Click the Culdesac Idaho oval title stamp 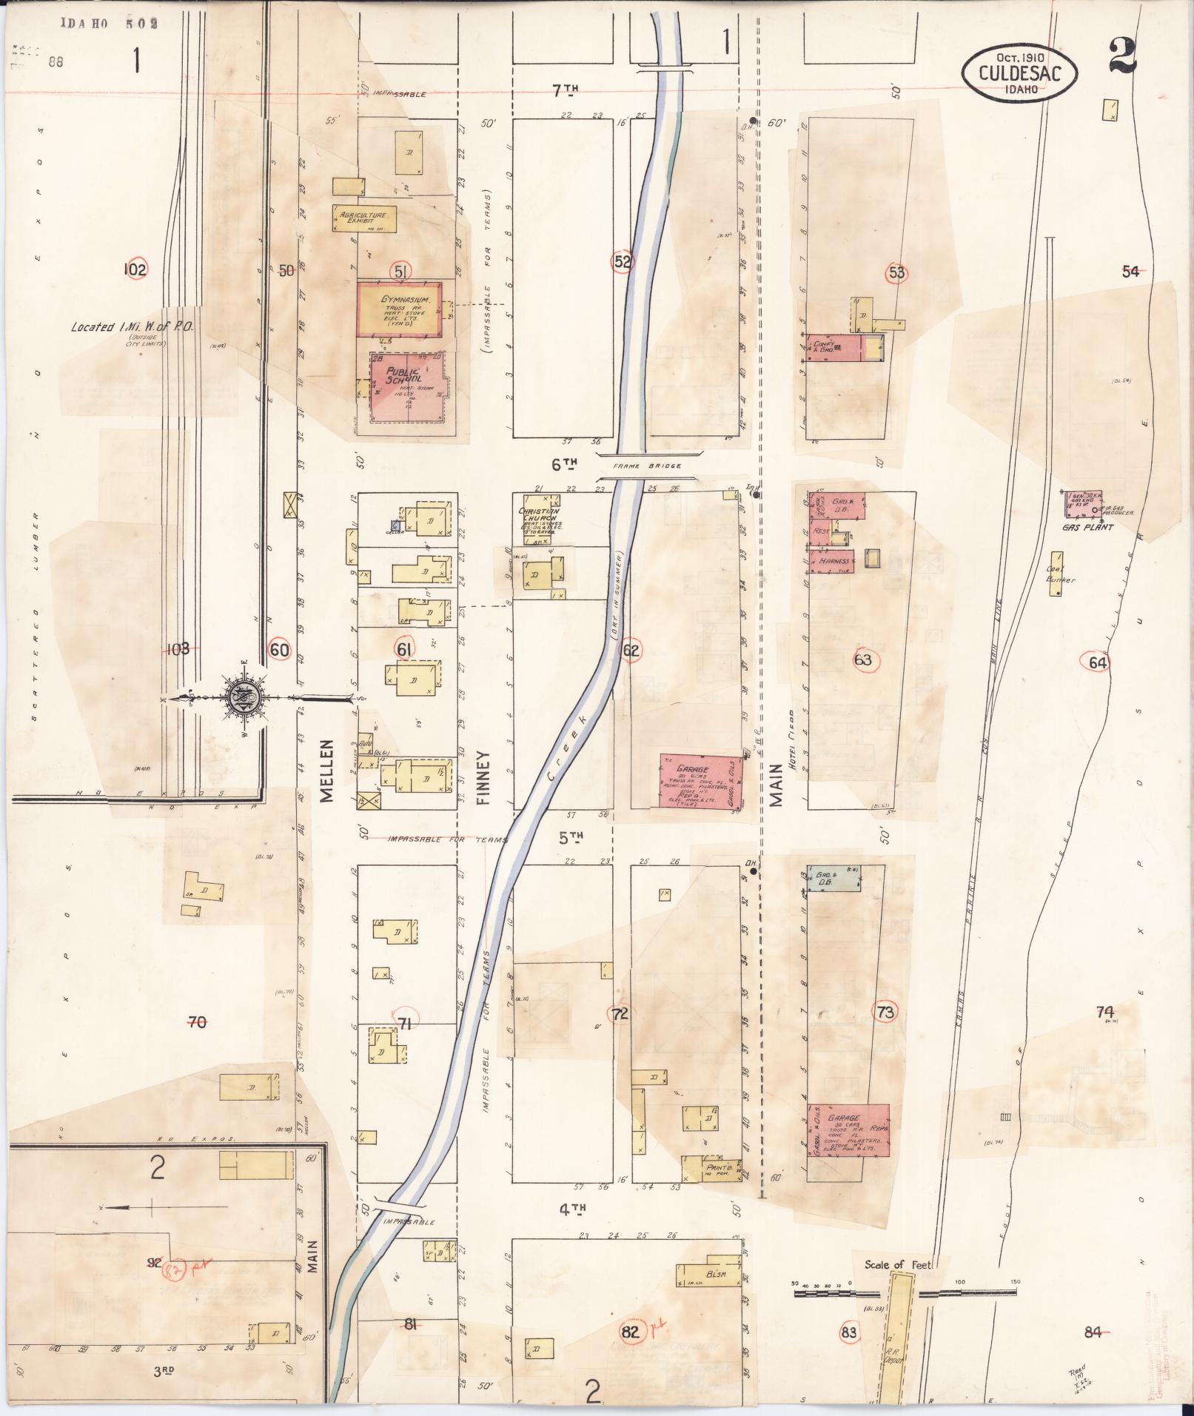pos(1020,73)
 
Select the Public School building pos(409,387)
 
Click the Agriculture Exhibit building pos(363,218)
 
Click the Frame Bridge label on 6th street pos(648,466)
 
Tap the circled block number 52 pos(623,261)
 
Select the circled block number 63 pos(863,660)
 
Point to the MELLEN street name pos(327,770)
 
